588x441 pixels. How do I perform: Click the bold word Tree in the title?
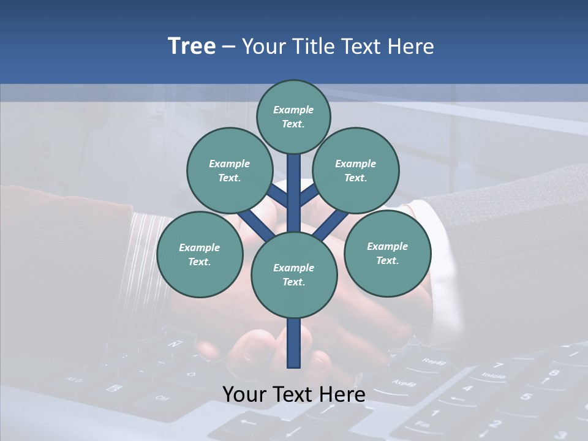pos(192,47)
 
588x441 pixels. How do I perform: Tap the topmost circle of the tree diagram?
pos(293,116)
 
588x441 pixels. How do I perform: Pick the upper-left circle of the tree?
pos(229,170)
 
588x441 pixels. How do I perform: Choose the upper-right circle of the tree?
pos(355,170)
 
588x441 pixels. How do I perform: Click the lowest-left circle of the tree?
pos(199,254)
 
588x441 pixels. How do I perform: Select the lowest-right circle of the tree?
pos(387,253)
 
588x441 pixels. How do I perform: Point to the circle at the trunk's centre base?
pos(294,274)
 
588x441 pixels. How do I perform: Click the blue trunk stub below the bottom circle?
pos(294,343)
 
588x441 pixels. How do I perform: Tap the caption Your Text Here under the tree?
pos(293,394)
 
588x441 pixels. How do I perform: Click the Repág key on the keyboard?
pos(434,361)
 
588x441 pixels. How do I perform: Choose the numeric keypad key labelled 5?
pos(525,396)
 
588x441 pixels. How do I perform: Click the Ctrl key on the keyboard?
pos(161,398)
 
